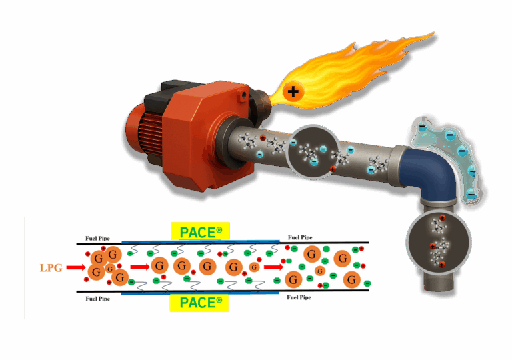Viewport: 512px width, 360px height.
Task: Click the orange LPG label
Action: (x=52, y=267)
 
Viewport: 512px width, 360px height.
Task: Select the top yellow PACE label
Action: (x=200, y=231)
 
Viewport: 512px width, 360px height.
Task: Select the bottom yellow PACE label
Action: (x=200, y=303)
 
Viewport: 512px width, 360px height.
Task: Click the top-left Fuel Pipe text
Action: (x=98, y=237)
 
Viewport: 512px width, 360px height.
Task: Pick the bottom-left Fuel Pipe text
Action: (x=98, y=299)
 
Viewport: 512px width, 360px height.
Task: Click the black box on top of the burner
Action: (x=171, y=93)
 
